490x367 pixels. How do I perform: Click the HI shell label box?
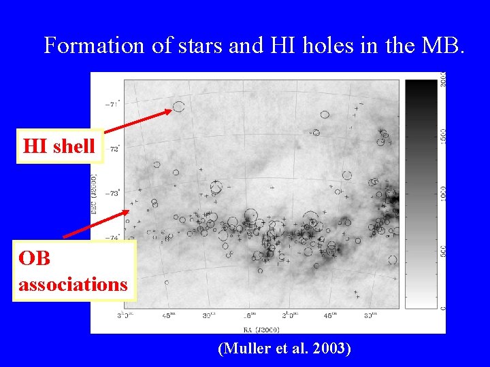(59, 146)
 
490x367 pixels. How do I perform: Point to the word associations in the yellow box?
(73, 283)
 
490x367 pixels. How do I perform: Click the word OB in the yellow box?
(34, 259)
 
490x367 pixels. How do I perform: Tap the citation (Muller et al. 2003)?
(284, 349)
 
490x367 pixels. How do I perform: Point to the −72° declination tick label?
(113, 148)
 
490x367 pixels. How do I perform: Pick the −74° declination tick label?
(112, 237)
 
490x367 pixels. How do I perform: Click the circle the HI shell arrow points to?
(178, 106)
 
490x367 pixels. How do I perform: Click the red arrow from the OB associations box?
(95, 224)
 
